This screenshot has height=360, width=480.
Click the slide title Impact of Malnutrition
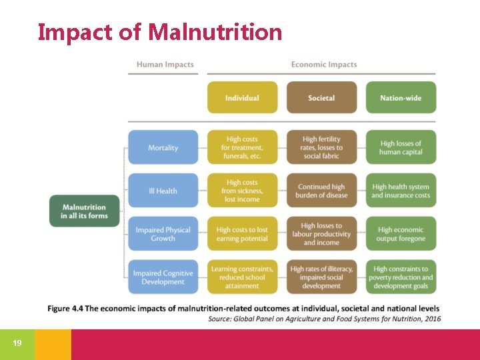[160, 31]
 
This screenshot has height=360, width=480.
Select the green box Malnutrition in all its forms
[83, 211]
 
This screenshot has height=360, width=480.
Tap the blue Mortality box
[163, 147]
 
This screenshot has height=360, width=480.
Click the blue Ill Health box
[163, 191]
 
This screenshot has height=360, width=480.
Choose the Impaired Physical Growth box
[163, 234]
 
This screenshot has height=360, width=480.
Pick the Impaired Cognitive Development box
[163, 277]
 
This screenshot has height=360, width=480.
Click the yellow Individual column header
[242, 98]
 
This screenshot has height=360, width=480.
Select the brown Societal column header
[321, 98]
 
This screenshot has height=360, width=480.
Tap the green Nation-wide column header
[401, 98]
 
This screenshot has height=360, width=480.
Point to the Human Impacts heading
[165, 65]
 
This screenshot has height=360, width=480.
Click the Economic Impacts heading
[324, 65]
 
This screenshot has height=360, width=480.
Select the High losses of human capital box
[401, 147]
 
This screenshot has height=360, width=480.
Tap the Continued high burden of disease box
[321, 191]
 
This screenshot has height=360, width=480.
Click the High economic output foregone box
[401, 234]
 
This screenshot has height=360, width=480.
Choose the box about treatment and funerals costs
[242, 147]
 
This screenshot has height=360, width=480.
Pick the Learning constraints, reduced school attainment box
[242, 277]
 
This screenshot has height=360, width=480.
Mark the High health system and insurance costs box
[401, 191]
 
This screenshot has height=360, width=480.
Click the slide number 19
[17, 343]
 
